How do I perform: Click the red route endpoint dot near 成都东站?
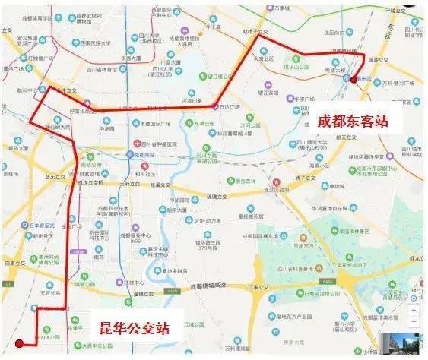[x=357, y=79]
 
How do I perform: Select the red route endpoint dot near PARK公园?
[x=18, y=343]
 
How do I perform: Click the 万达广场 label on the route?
[x=235, y=106]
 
